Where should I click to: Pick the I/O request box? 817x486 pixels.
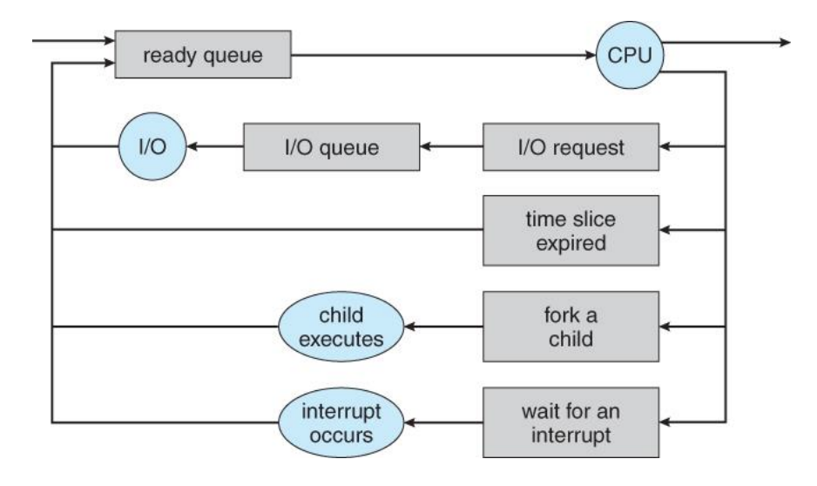(x=571, y=148)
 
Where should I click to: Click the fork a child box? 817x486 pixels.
(x=571, y=328)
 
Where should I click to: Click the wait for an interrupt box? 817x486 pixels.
(x=571, y=424)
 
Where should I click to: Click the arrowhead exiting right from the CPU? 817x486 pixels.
(x=787, y=41)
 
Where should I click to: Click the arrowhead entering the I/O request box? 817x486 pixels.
(x=665, y=148)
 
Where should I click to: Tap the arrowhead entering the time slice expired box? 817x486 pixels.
(x=665, y=231)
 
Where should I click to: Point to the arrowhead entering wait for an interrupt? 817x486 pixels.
(x=665, y=424)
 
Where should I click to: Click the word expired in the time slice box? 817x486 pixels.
(x=571, y=242)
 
